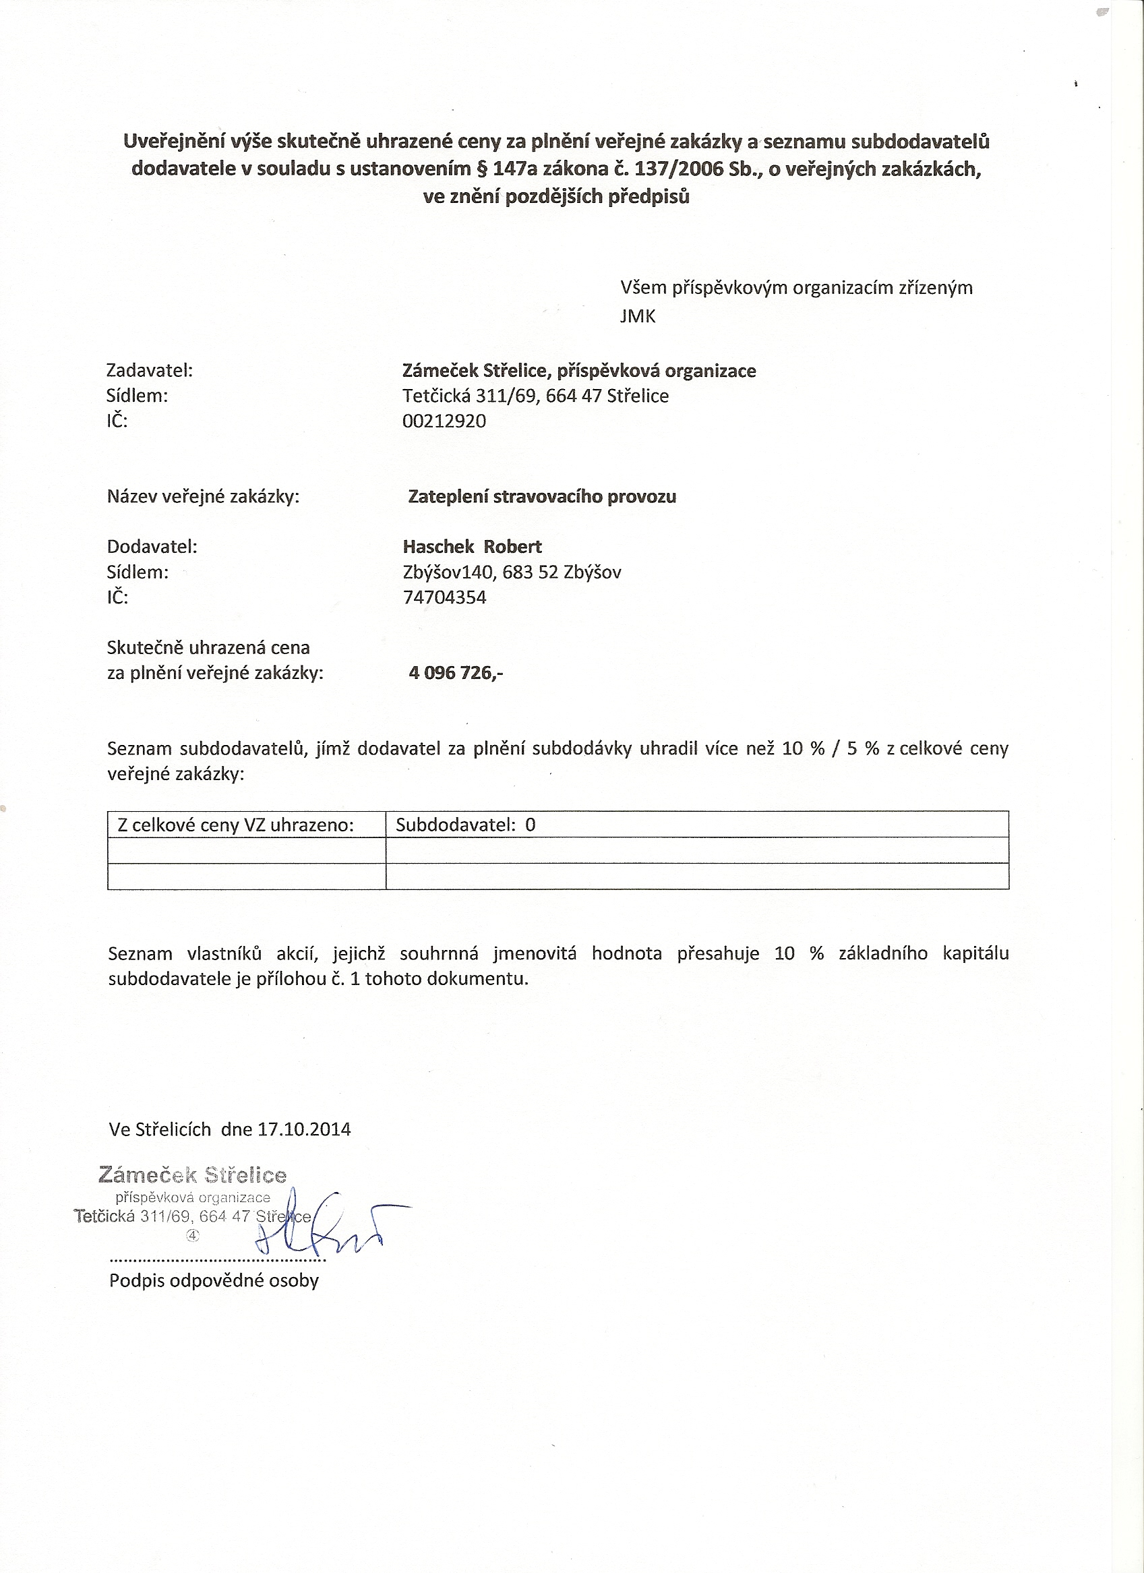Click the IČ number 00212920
(444, 421)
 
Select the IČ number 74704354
(444, 597)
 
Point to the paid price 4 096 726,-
(456, 672)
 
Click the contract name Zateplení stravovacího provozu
(541, 497)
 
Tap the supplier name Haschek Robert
(472, 547)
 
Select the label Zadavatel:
(149, 370)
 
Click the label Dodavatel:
(152, 547)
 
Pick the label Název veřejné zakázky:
(203, 497)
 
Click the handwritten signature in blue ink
(326, 1224)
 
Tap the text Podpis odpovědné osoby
(214, 1280)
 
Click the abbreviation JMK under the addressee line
(637, 317)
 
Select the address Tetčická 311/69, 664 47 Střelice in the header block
(535, 396)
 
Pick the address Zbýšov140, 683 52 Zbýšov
(512, 572)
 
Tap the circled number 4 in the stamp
(192, 1235)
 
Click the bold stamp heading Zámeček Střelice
(192, 1175)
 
